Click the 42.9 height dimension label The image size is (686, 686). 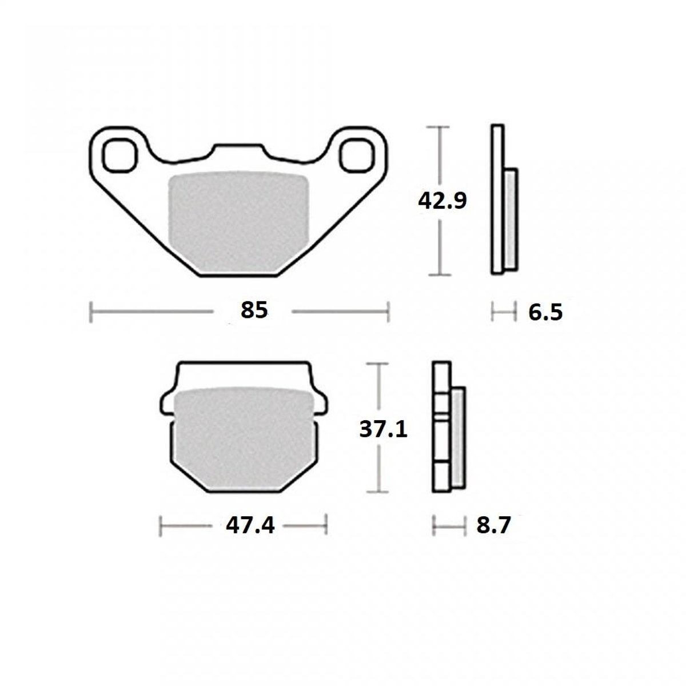(x=442, y=201)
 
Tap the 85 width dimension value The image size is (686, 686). (x=254, y=310)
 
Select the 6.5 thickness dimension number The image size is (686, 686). (x=545, y=313)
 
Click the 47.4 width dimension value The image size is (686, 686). (x=250, y=525)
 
